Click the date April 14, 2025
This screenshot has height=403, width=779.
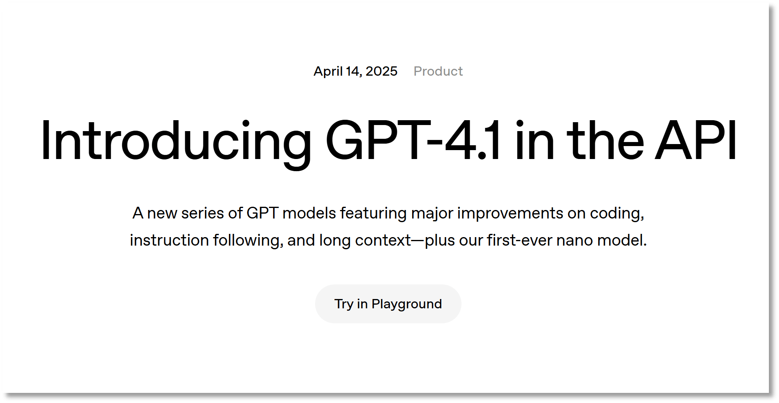pos(356,71)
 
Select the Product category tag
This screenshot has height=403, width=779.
pos(438,71)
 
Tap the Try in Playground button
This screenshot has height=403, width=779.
pos(388,304)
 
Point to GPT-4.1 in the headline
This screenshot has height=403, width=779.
pos(413,140)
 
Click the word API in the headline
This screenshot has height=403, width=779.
pos(696,140)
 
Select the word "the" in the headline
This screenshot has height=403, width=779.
pos(605,140)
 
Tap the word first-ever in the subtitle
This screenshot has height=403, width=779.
pos(520,240)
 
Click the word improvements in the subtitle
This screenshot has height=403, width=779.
pos(510,214)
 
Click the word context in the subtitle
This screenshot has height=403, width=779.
pos(383,241)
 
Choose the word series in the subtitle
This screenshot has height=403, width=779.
pos(202,213)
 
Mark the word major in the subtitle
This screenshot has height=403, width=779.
pos(432,214)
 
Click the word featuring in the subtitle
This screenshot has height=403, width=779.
pos(373,214)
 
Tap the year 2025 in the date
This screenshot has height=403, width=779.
pos(381,71)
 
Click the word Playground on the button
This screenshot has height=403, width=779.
pos(407,304)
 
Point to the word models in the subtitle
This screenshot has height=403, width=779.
pos(309,213)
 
